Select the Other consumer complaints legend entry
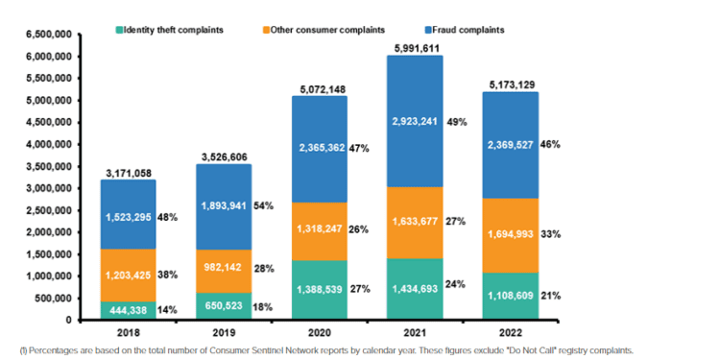328,30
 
